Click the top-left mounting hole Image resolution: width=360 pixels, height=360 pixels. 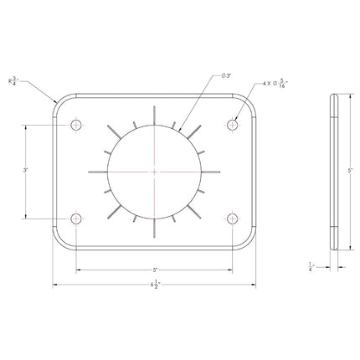coord(77,125)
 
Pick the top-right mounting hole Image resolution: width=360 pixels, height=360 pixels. coord(233,125)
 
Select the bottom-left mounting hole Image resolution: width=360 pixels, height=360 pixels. coord(77,219)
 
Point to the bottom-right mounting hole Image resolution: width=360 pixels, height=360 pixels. coord(233,219)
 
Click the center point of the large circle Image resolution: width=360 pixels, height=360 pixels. coord(155,172)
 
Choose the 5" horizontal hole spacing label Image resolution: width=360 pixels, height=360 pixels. coord(155,270)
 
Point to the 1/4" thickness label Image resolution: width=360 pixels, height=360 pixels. coord(311,267)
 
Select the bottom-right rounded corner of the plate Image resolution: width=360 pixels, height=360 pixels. coord(247,242)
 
